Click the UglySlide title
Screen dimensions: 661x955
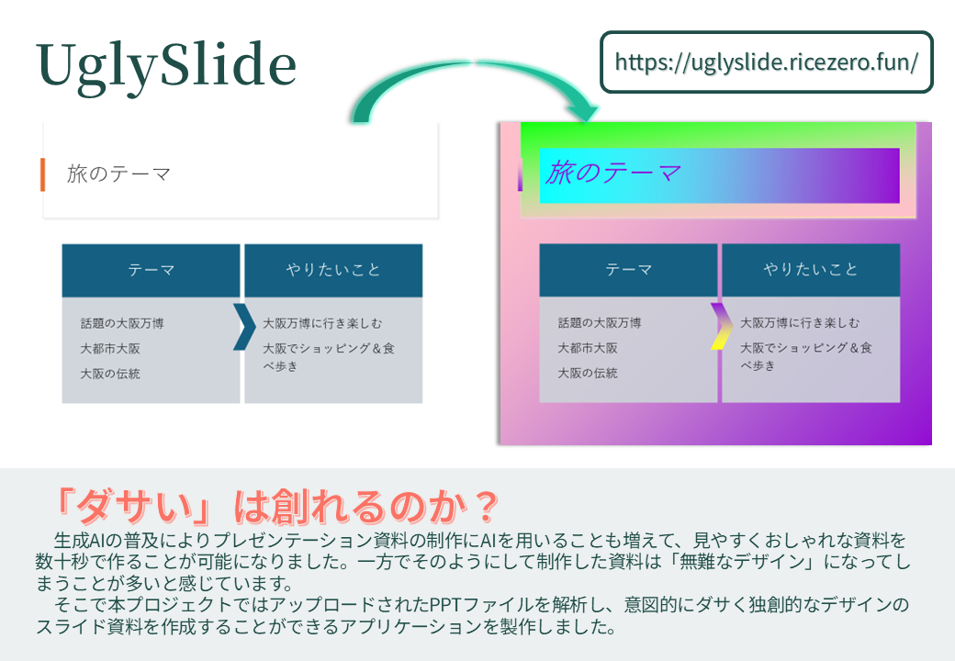pyautogui.click(x=166, y=66)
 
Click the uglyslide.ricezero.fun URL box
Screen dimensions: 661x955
pyautogui.click(x=766, y=62)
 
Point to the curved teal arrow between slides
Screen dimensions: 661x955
pyautogui.click(x=468, y=87)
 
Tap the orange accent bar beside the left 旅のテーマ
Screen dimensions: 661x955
pyautogui.click(x=42, y=174)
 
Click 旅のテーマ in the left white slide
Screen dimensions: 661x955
pyautogui.click(x=118, y=174)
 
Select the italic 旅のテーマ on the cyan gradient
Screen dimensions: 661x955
pyautogui.click(x=612, y=172)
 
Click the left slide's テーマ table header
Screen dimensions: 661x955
pyautogui.click(x=151, y=270)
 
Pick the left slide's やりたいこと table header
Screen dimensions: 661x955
pyautogui.click(x=332, y=270)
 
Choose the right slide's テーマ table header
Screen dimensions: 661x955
pyautogui.click(x=628, y=270)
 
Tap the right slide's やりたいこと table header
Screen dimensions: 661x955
pyautogui.click(x=811, y=270)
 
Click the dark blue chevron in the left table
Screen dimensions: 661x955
pyautogui.click(x=243, y=326)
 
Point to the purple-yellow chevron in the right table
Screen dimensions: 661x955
pyautogui.click(x=720, y=326)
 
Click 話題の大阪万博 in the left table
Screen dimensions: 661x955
pyautogui.click(x=122, y=323)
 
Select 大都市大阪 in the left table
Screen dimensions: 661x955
pyautogui.click(x=110, y=349)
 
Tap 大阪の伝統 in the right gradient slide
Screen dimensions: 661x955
pyautogui.click(x=588, y=374)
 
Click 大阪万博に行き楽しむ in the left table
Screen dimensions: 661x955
pyautogui.click(x=321, y=323)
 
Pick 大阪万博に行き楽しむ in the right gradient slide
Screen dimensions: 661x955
pyautogui.click(x=800, y=323)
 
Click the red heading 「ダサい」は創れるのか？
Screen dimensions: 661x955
pyautogui.click(x=275, y=504)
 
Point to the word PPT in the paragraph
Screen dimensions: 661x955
pyautogui.click(x=446, y=607)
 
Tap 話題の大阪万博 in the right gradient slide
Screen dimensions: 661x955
pyautogui.click(x=600, y=323)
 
